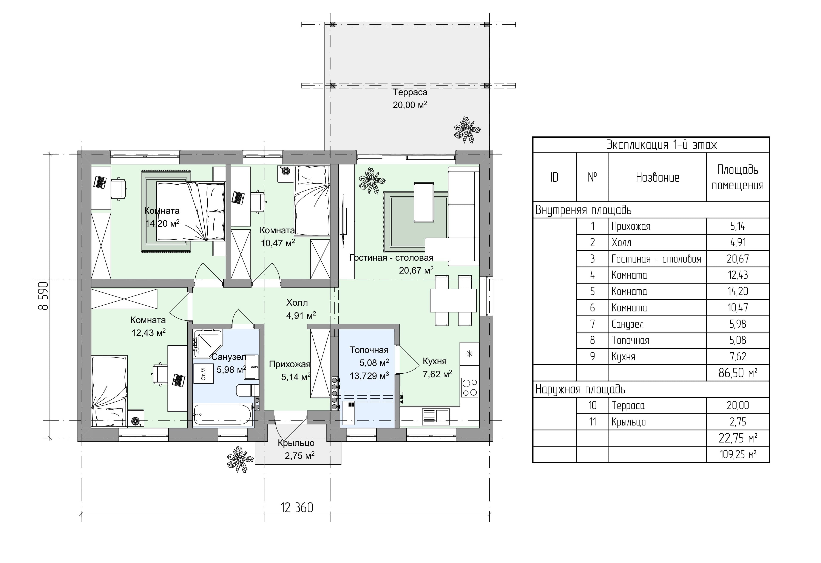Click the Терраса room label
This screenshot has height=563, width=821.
[410, 92]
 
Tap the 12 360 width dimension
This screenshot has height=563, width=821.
[297, 507]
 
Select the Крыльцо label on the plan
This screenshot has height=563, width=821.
[296, 443]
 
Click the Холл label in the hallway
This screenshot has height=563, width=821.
[297, 303]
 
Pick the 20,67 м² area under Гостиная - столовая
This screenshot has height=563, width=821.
[416, 270]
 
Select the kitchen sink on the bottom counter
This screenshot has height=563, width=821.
[436, 416]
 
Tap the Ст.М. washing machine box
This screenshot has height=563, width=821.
[204, 373]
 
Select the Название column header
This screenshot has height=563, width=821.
[657, 177]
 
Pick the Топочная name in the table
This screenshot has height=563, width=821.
[631, 340]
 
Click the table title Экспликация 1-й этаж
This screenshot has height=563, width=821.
[662, 145]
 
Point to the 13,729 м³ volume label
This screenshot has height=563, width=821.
[370, 376]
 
